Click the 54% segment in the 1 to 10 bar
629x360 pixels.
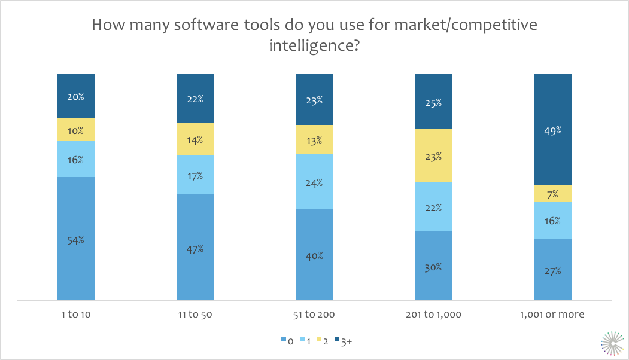click(76, 239)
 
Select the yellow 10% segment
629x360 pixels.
click(76, 130)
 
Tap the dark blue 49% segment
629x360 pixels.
click(552, 129)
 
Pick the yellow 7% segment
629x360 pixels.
click(552, 193)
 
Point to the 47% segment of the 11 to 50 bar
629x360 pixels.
click(195, 248)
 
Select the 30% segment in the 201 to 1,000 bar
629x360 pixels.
click(433, 266)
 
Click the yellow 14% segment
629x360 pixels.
click(195, 139)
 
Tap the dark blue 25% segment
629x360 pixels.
click(433, 102)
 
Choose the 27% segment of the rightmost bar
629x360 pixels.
click(552, 270)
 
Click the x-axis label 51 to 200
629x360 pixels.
click(314, 315)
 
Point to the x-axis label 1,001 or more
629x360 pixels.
click(552, 315)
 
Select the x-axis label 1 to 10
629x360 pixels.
click(76, 315)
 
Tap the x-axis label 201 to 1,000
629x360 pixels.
click(433, 315)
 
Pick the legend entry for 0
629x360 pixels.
click(287, 341)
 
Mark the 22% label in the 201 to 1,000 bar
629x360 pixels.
click(433, 208)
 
